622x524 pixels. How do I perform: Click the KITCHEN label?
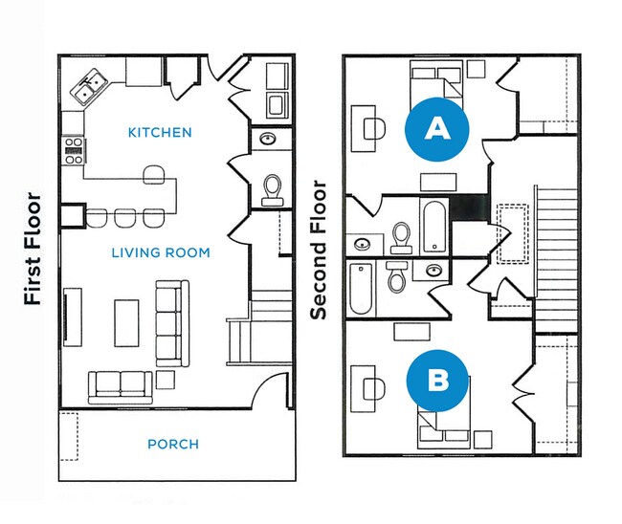[x=160, y=132]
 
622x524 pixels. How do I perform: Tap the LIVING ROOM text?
[x=160, y=252]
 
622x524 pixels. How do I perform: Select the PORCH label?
[x=173, y=444]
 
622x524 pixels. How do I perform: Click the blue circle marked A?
[x=437, y=129]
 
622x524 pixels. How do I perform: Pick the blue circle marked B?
[x=437, y=380]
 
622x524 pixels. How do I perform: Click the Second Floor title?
[x=319, y=250]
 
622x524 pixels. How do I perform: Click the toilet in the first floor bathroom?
[x=271, y=189]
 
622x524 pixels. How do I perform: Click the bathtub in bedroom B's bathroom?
[x=362, y=290]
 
